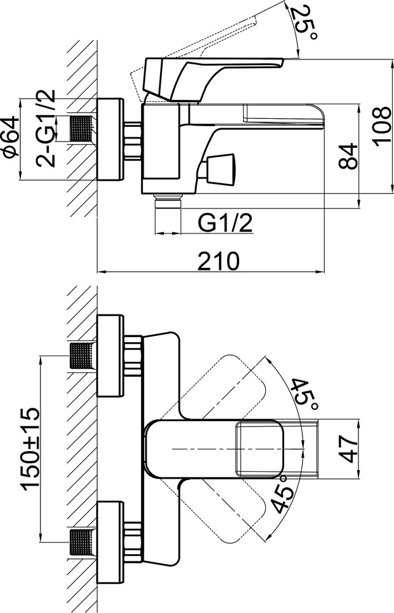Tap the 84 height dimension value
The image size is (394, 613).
[x=348, y=156]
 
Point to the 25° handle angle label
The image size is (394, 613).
[x=306, y=23]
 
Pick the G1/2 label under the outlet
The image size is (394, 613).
[x=225, y=223]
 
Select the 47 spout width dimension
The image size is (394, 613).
[x=348, y=449]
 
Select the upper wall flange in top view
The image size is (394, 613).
[x=110, y=356]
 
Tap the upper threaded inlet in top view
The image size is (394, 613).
[x=82, y=356]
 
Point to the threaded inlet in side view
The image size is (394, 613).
[x=82, y=129]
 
